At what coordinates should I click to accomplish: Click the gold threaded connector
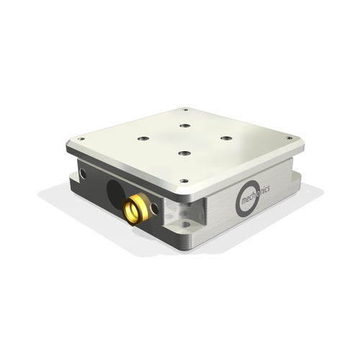point(135,208)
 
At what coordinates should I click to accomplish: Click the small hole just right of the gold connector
point(155,209)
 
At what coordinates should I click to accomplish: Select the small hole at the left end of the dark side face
point(84,174)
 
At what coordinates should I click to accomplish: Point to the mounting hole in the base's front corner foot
point(186,225)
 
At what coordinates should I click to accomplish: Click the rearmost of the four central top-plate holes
point(184,125)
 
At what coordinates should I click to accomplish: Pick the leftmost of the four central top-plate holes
point(143,138)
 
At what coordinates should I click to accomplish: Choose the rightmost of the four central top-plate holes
point(226,138)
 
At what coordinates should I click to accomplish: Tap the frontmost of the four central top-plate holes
point(184,153)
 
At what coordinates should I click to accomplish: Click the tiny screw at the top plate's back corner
point(185,110)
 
